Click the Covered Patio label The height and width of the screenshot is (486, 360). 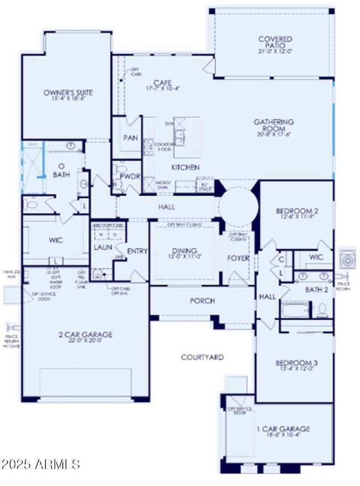pyautogui.click(x=275, y=42)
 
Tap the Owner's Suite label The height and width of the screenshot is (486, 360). pyautogui.click(x=69, y=93)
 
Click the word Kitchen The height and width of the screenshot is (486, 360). pyautogui.click(x=185, y=167)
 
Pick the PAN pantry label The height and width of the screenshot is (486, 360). pyautogui.click(x=131, y=137)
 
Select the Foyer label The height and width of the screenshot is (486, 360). pyautogui.click(x=238, y=258)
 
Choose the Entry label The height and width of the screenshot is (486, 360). pyautogui.click(x=137, y=251)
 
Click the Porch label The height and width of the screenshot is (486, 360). pyautogui.click(x=202, y=301)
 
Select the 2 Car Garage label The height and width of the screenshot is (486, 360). pyautogui.click(x=85, y=334)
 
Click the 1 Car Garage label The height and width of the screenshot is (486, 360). pyautogui.click(x=284, y=428)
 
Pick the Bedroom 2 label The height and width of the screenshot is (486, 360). pyautogui.click(x=296, y=211)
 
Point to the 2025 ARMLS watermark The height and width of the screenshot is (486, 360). pyautogui.click(x=42, y=463)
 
